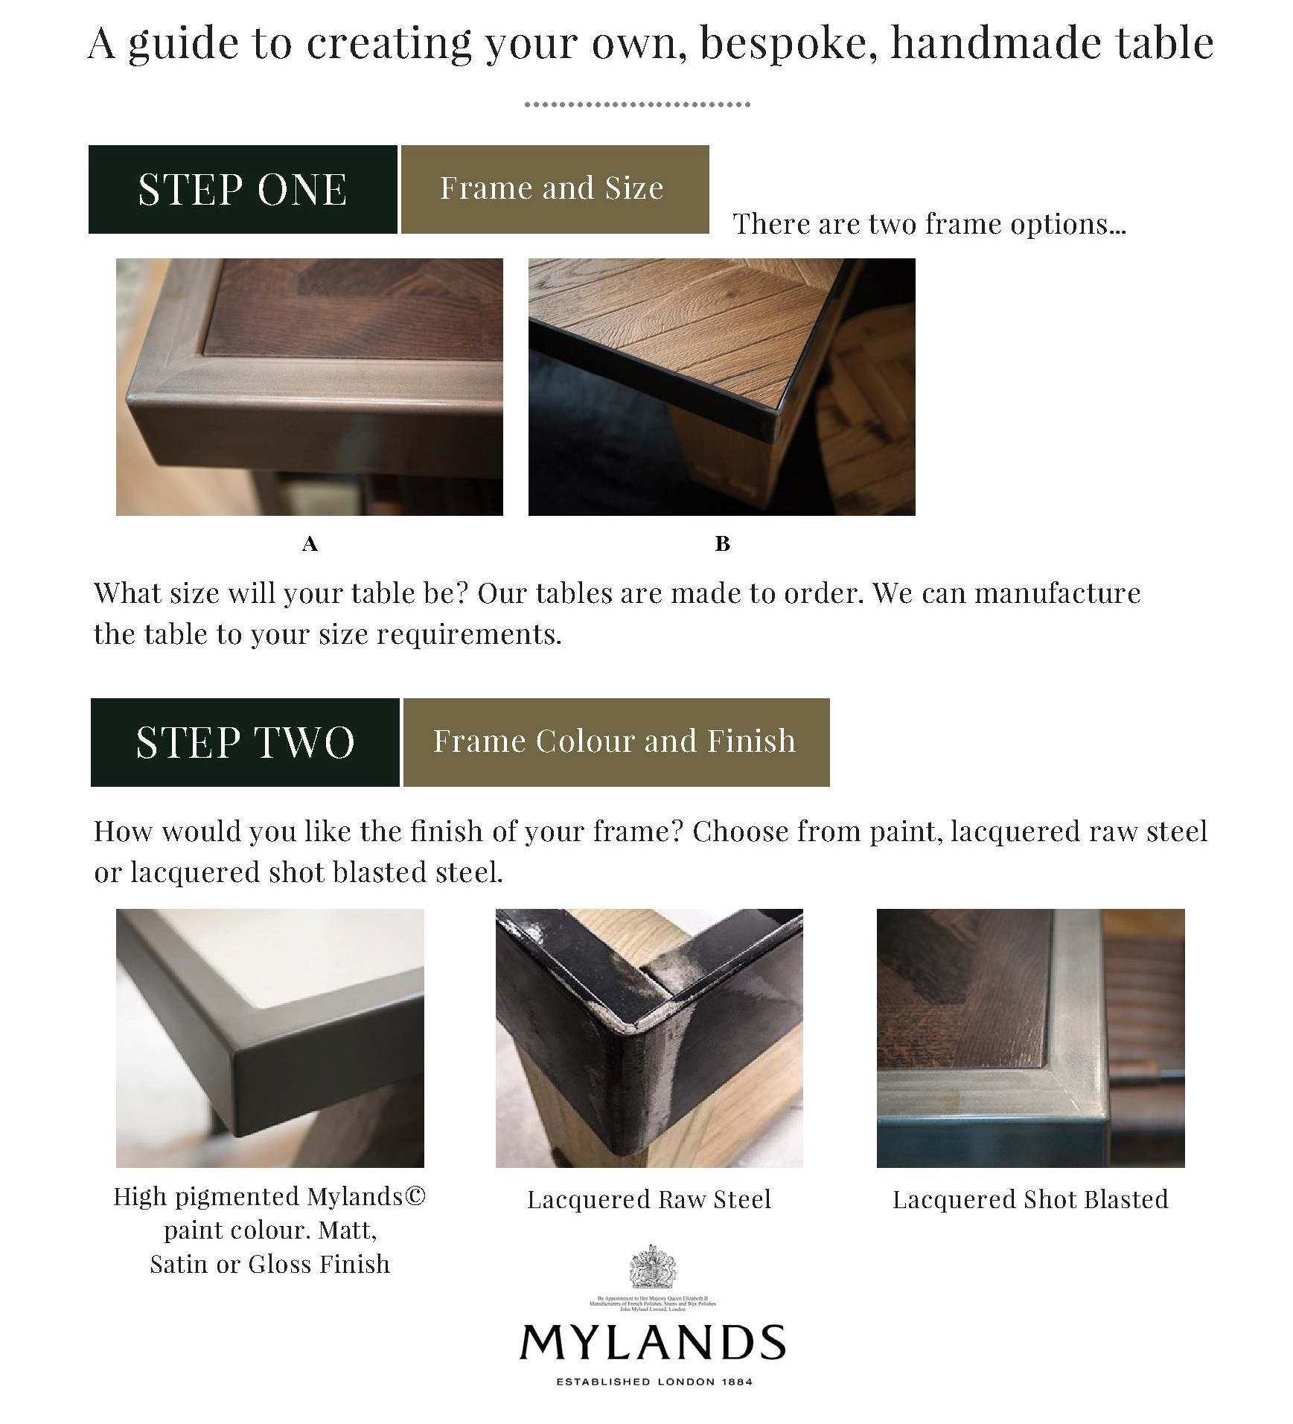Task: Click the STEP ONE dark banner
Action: click(243, 189)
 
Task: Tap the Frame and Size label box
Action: click(555, 189)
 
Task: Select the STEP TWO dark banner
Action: click(245, 742)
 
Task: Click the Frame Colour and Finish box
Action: click(616, 742)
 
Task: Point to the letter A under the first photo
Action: click(310, 544)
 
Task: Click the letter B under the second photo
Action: click(722, 544)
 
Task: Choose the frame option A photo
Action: click(310, 387)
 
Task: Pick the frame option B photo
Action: click(721, 387)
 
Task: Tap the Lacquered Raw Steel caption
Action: click(649, 1200)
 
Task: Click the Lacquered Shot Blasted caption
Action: click(1030, 1200)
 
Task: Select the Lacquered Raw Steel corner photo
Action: click(649, 1038)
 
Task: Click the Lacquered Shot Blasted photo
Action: click(1030, 1038)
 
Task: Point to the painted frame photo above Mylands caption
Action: click(270, 1038)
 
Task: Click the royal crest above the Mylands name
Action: click(652, 1268)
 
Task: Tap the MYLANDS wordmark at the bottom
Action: click(652, 1342)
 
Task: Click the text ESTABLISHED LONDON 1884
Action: click(654, 1382)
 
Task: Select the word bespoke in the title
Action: click(784, 43)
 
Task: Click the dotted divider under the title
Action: click(637, 105)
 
